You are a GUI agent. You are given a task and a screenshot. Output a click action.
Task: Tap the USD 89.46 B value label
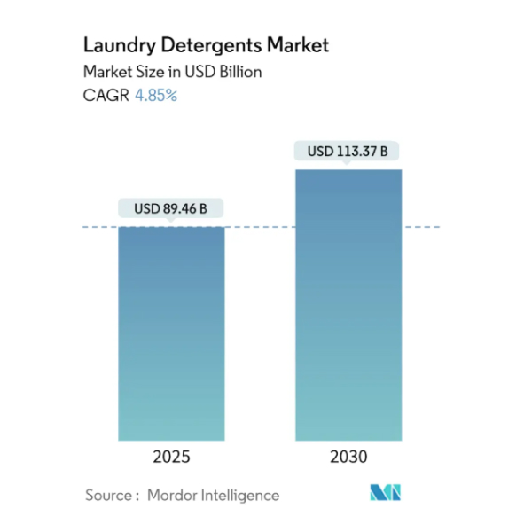(x=171, y=209)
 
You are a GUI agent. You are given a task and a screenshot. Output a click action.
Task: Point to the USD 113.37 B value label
(x=348, y=152)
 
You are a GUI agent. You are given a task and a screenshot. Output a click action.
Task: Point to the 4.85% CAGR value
(x=156, y=96)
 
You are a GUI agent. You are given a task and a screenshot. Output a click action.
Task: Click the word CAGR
(x=106, y=96)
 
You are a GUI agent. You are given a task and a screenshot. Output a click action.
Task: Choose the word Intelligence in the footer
(x=239, y=496)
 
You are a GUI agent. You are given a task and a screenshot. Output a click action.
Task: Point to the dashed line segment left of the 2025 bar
(x=100, y=227)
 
